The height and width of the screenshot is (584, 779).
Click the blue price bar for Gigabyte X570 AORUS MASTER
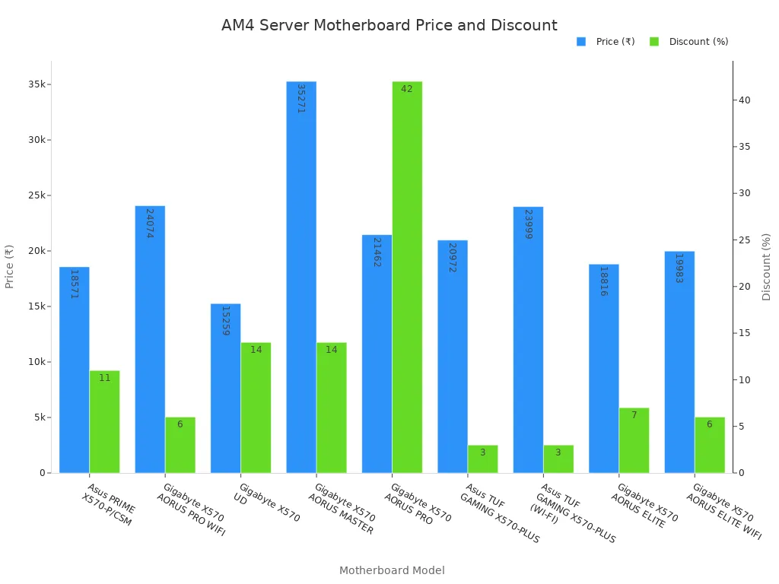tap(301, 277)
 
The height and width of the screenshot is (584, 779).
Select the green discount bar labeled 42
tap(407, 277)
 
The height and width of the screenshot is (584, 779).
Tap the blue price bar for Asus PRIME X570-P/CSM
tap(75, 370)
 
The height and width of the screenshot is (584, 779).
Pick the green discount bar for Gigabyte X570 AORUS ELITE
tap(634, 440)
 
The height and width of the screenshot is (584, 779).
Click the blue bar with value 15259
tap(225, 388)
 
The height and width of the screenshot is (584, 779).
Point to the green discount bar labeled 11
tap(104, 421)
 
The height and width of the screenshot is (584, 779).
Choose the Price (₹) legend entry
tap(606, 42)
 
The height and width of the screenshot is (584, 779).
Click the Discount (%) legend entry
tap(689, 42)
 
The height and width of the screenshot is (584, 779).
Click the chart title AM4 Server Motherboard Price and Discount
tap(389, 26)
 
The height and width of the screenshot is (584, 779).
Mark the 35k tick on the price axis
tap(37, 84)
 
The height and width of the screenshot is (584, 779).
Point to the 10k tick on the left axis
tap(37, 362)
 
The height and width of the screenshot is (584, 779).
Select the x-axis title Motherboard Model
tap(392, 570)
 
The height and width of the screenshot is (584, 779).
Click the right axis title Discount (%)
tap(766, 266)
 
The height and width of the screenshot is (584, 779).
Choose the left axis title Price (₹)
tap(10, 266)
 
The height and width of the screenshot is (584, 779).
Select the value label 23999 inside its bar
tap(528, 224)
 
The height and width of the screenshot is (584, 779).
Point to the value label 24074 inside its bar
tap(150, 223)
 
